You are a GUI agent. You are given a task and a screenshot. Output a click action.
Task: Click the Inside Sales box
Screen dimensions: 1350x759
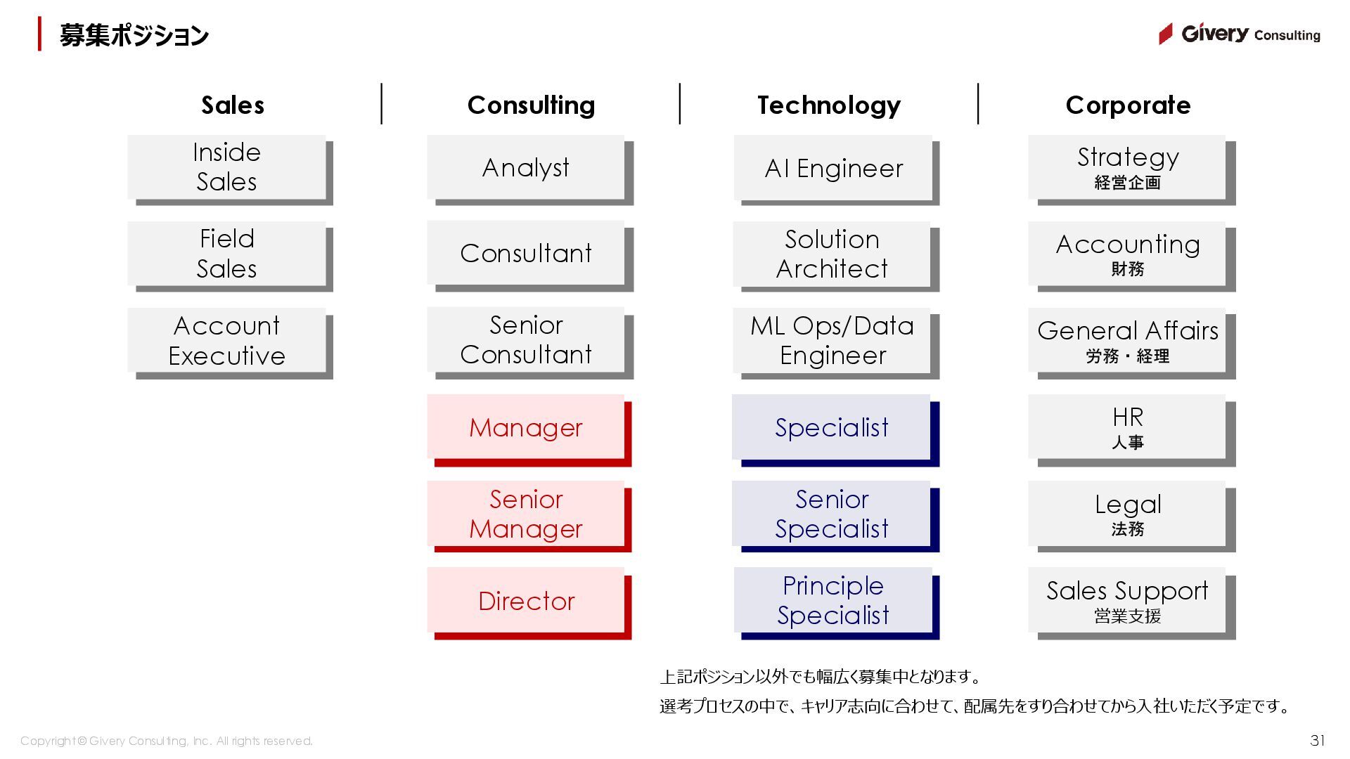click(226, 167)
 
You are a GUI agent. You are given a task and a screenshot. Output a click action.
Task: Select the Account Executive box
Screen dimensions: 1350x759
click(226, 341)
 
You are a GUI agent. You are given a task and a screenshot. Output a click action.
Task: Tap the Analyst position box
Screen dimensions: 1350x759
click(526, 168)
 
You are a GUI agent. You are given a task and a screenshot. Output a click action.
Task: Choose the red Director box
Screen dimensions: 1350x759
click(526, 601)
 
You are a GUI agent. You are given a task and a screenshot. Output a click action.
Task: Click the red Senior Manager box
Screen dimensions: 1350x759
click(526, 514)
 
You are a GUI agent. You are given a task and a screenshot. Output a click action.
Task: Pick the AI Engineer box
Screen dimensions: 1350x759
click(833, 169)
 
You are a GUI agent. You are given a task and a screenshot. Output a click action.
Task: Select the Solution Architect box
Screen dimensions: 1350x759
click(832, 254)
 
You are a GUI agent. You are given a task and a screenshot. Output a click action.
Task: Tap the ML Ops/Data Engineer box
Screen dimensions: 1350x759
click(832, 341)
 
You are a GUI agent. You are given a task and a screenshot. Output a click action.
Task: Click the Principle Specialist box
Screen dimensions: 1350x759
click(833, 600)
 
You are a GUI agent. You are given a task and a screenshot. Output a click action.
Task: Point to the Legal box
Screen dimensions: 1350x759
click(1127, 514)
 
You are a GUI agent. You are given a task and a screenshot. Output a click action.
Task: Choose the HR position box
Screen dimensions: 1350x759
click(1127, 427)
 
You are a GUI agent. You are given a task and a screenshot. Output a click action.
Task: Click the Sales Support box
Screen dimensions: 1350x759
click(1127, 601)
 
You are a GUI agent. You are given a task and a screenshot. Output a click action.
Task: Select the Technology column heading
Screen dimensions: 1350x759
click(829, 105)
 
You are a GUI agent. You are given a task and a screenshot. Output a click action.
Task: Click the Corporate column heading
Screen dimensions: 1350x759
click(1128, 105)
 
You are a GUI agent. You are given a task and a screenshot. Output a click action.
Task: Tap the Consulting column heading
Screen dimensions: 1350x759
click(531, 105)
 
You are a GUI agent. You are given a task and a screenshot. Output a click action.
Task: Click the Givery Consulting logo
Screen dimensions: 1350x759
click(1240, 34)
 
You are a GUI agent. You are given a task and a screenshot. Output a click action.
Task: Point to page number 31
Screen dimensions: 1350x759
click(1318, 740)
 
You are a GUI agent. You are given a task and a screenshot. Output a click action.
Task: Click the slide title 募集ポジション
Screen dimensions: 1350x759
click(134, 35)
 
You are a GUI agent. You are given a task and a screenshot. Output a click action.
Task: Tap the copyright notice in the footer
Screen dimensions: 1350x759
click(167, 741)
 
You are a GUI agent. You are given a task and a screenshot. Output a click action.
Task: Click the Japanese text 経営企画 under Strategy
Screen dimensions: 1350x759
click(1127, 183)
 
